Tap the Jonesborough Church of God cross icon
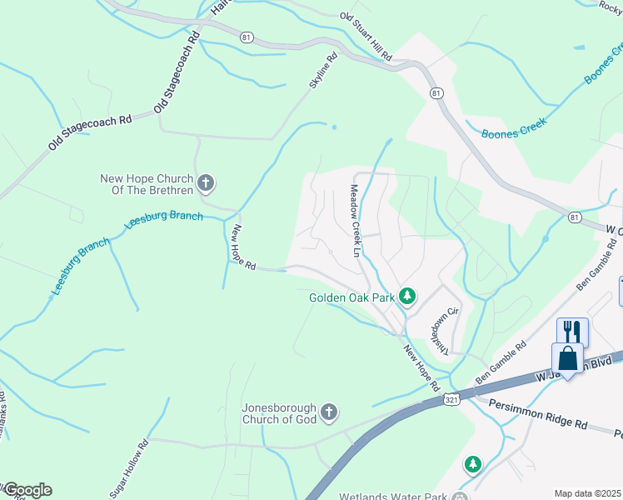329,412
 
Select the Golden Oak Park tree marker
407,297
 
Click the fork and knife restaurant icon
571,332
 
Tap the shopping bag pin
567,359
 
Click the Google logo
27,490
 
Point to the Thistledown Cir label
441,333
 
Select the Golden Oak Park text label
351,297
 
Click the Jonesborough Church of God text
280,414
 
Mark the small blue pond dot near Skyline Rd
334,127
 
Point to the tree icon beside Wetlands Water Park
472,463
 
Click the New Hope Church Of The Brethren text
147,184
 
